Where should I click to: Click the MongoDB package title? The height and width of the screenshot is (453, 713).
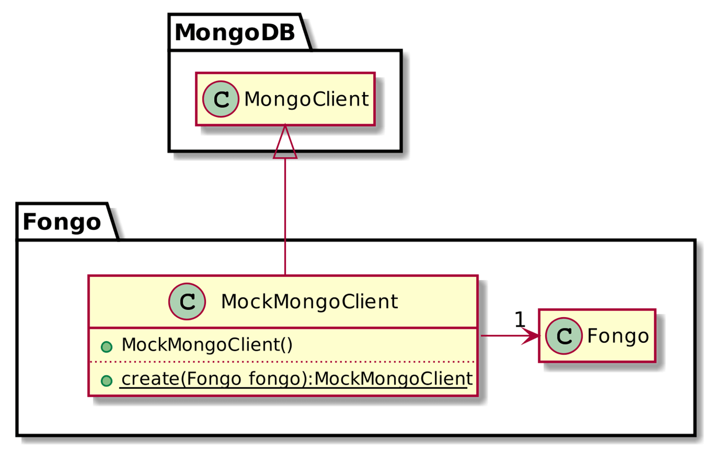point(235,33)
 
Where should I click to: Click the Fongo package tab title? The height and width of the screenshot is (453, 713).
point(62,222)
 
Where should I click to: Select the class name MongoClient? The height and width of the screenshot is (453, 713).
point(306,100)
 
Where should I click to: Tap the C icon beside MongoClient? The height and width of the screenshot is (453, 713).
point(221,100)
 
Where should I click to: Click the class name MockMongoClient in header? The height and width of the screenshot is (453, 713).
point(309,302)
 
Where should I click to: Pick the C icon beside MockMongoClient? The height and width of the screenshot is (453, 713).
point(187,302)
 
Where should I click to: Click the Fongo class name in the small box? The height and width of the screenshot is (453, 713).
point(617,336)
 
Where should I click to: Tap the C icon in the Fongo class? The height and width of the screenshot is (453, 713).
point(564,336)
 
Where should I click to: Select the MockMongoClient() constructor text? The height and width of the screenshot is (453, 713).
point(206,345)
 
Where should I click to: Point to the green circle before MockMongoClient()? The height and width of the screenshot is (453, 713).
point(106,347)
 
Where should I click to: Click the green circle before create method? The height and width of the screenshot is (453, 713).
point(106,381)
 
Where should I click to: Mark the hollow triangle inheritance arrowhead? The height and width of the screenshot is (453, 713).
point(285,145)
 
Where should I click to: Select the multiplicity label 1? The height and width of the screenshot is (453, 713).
point(520,320)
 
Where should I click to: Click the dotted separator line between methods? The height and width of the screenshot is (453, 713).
point(282,362)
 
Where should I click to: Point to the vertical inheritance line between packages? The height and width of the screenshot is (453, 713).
point(285,216)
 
